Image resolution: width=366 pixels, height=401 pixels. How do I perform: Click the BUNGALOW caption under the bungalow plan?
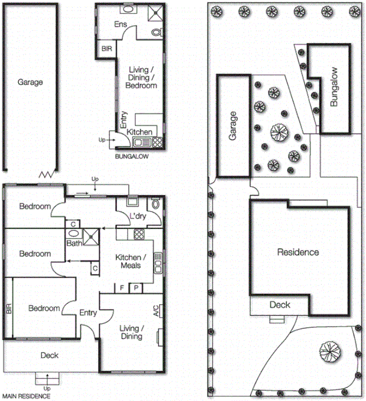[x=131, y=158]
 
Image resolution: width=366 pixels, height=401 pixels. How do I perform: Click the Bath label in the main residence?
[x=74, y=243]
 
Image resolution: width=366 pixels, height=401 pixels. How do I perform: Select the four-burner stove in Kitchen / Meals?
[x=139, y=233]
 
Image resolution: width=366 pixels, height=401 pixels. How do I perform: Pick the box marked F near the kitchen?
[x=122, y=288]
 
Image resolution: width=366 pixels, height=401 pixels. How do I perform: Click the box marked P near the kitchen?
[x=135, y=288]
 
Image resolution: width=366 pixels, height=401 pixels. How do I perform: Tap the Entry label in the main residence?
[x=88, y=313]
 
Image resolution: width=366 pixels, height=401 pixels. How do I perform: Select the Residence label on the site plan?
[x=298, y=252]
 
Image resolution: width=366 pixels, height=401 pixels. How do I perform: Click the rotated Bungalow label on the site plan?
[x=334, y=86]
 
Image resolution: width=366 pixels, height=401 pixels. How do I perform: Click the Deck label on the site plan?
[x=279, y=305]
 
